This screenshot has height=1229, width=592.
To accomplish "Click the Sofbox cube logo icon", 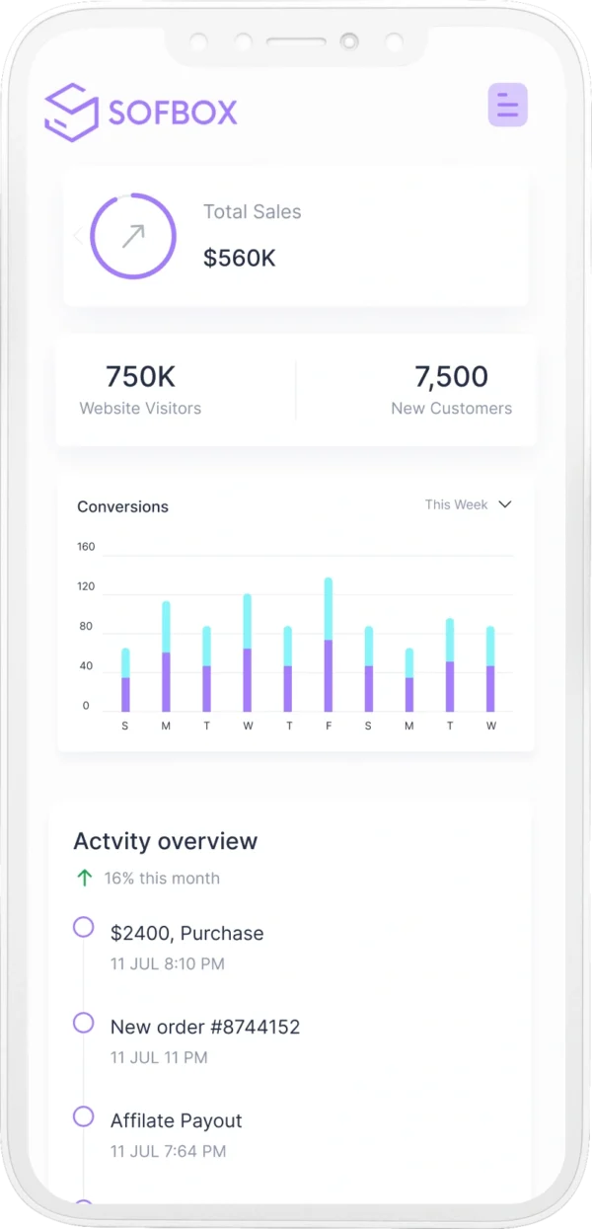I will [x=72, y=112].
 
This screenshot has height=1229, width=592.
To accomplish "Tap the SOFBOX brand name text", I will [x=174, y=113].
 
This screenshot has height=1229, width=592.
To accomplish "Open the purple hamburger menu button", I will [x=508, y=105].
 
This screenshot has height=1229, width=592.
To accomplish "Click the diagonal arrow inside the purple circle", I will [x=133, y=236].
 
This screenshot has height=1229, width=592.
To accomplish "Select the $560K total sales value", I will [x=240, y=259].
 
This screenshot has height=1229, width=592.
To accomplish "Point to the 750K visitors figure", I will [x=140, y=376].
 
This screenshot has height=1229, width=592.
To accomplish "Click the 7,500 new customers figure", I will [x=451, y=376].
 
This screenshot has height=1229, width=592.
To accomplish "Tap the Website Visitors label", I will [x=140, y=409].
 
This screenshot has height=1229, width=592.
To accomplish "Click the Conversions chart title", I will [x=123, y=507].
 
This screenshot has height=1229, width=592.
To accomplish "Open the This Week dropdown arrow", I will [x=505, y=504].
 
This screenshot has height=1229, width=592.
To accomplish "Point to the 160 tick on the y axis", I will [x=86, y=547].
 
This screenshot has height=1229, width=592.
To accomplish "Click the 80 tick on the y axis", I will [x=86, y=627].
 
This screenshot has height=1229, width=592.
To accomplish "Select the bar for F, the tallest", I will [x=329, y=644].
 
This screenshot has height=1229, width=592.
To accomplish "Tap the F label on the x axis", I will [x=329, y=727].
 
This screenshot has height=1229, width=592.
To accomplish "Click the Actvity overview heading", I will [x=166, y=841].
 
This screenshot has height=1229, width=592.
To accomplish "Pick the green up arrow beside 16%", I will [x=85, y=878].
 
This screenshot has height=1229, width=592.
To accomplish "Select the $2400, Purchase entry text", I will [x=187, y=933].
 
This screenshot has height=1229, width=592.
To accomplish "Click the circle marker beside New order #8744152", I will [x=84, y=1022].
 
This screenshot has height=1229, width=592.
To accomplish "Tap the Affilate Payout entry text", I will [x=177, y=1120].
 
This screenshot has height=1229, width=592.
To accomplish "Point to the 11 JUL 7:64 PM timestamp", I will [x=169, y=1151].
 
